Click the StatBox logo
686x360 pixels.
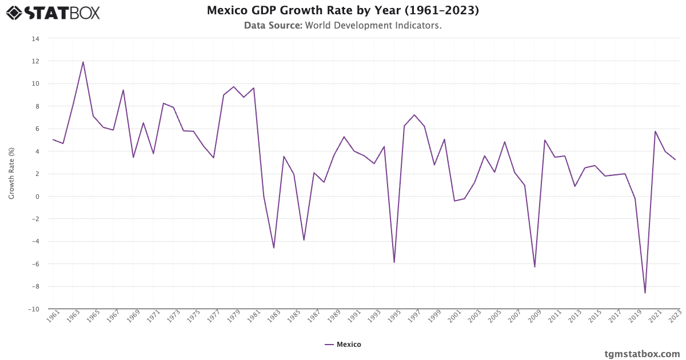(x=53, y=12)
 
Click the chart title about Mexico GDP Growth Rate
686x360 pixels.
(x=343, y=10)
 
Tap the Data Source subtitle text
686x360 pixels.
(x=343, y=26)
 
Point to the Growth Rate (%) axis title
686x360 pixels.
(x=11, y=174)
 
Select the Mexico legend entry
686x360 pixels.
(x=343, y=345)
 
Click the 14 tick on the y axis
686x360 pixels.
(x=35, y=39)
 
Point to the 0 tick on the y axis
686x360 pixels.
(x=37, y=197)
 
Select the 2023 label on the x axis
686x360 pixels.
(x=675, y=317)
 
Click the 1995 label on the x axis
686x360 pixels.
(x=394, y=317)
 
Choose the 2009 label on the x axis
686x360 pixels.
(x=535, y=317)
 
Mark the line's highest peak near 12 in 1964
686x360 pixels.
(x=83, y=62)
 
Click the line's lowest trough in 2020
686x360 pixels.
(x=645, y=293)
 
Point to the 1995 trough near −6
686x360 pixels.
(x=394, y=262)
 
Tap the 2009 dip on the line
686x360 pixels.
(x=535, y=267)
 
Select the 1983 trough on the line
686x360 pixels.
(x=274, y=248)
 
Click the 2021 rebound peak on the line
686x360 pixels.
(x=655, y=131)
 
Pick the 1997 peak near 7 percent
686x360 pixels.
(x=414, y=115)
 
